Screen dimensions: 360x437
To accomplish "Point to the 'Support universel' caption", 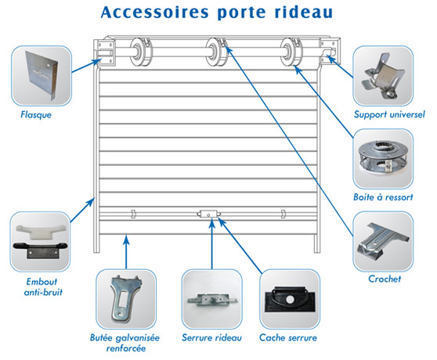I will pos(388,115).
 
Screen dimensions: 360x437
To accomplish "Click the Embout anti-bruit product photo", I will pos(41,237).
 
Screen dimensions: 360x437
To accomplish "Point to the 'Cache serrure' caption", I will pos(290,338).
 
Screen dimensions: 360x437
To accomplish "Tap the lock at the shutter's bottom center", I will pos(209,213).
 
